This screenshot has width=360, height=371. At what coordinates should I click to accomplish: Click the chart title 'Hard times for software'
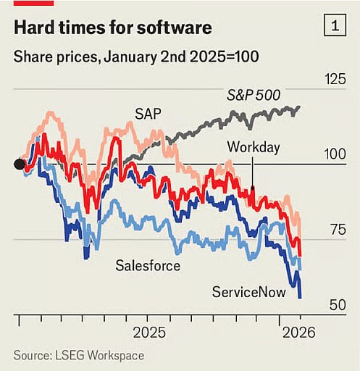pos(112,28)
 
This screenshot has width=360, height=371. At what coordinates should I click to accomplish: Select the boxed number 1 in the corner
pos(334,27)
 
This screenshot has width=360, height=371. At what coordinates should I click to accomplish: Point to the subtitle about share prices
pos(135,57)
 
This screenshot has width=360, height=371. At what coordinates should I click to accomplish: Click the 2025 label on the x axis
pos(150,333)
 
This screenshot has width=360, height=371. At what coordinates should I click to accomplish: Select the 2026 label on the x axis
pos(298,333)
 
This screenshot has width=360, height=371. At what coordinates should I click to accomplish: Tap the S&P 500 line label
pos(253,96)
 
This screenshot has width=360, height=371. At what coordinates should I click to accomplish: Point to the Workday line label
pos(253,147)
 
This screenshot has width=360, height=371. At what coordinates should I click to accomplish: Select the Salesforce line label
pos(148,265)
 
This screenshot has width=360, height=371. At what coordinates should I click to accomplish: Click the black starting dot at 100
pos(20,164)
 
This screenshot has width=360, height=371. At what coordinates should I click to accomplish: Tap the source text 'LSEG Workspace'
pos(99,355)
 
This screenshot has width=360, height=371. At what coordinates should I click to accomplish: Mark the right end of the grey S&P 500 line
pos(299,107)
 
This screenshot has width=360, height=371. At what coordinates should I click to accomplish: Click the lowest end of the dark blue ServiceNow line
pos(300,296)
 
